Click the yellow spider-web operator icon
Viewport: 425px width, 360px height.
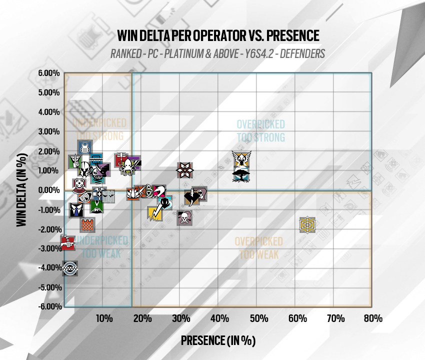click(x=307, y=225)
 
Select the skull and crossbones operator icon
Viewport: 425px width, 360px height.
click(x=184, y=217)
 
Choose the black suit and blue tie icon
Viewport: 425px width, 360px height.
click(x=75, y=210)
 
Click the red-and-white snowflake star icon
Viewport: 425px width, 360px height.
click(x=184, y=170)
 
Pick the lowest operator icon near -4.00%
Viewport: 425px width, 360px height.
click(x=70, y=268)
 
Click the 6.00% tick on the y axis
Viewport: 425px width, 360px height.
click(x=48, y=73)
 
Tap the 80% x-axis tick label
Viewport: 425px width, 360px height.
click(x=372, y=318)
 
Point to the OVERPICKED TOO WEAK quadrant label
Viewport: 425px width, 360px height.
click(x=256, y=247)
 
